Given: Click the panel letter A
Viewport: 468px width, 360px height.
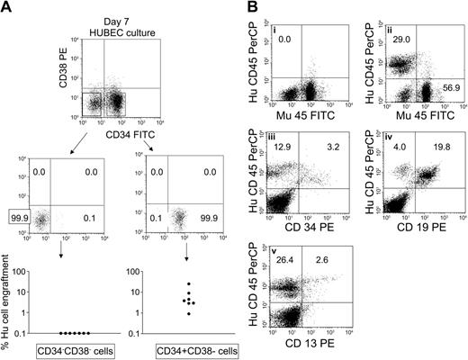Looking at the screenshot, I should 8,9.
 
